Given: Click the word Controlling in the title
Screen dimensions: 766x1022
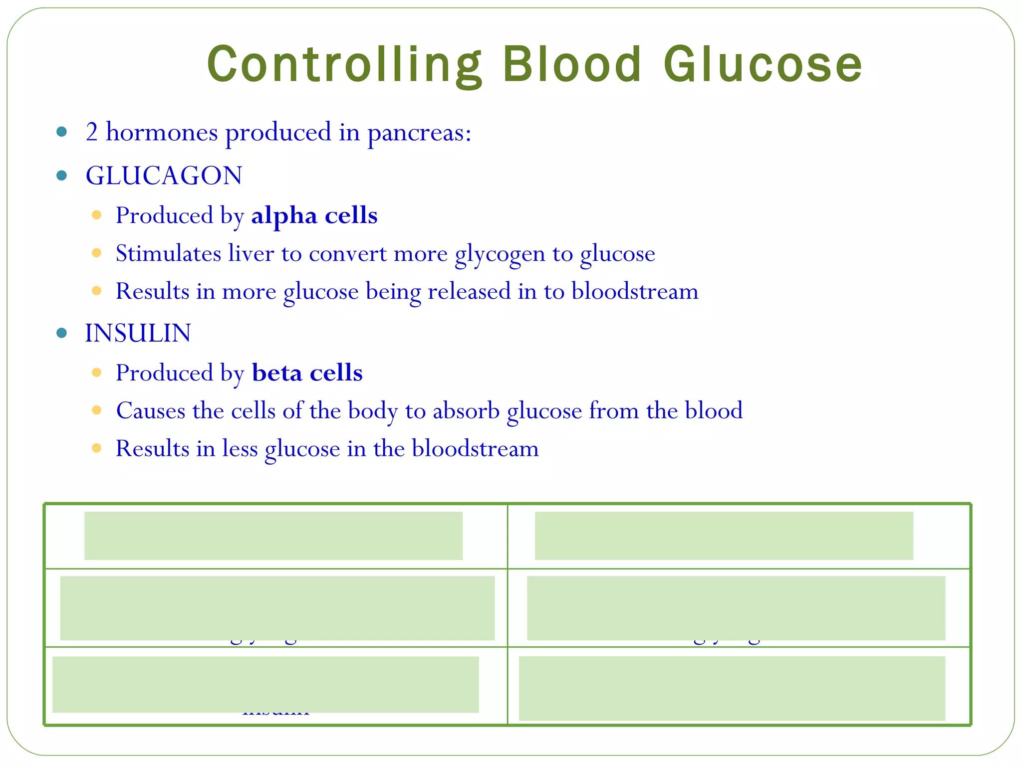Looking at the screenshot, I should (344, 65).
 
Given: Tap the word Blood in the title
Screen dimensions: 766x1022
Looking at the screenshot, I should (572, 65).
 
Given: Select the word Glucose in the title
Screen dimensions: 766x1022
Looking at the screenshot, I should (763, 65).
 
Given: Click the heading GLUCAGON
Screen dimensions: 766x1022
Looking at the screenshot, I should (164, 176).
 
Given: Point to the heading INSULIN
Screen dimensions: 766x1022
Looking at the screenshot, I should (138, 333).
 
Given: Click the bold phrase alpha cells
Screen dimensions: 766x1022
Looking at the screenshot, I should (314, 215).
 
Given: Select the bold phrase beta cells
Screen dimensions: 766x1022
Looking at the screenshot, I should (307, 373).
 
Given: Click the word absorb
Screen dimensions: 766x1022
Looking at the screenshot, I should (466, 411).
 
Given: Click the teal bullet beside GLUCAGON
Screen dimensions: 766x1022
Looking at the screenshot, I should (62, 176).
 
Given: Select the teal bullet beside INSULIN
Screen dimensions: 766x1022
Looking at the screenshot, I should (62, 333).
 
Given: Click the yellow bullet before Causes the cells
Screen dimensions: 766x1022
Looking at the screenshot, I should (97, 410).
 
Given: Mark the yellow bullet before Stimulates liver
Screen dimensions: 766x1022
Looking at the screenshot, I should (97, 253).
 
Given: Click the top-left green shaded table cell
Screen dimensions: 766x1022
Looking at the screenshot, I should (273, 536).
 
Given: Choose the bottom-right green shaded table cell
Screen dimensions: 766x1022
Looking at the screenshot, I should (732, 688).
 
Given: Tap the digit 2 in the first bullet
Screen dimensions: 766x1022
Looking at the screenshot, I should (92, 133).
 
